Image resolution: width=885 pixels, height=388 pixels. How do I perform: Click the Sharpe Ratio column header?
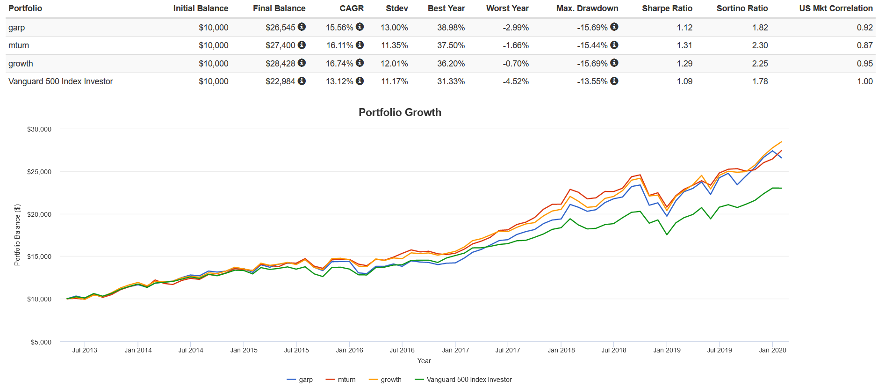(x=667, y=8)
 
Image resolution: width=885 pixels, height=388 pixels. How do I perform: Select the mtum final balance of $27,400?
(x=280, y=45)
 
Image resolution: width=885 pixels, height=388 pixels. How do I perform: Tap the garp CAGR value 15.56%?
(x=339, y=28)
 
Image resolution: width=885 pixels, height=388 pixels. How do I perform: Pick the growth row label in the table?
(x=21, y=64)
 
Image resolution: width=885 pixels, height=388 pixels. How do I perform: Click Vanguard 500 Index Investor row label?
(x=61, y=81)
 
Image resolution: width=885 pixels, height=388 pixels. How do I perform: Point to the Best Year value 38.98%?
(x=451, y=28)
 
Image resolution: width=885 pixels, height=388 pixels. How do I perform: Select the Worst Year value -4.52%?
(x=516, y=81)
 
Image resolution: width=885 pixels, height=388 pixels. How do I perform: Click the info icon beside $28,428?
(x=302, y=63)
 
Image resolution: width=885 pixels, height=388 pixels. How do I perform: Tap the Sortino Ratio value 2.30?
(x=760, y=45)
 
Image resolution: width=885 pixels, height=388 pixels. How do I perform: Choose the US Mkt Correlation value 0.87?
(x=864, y=45)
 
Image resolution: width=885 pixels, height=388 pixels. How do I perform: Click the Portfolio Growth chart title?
(x=400, y=112)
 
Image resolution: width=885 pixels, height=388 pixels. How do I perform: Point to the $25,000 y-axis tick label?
(x=39, y=172)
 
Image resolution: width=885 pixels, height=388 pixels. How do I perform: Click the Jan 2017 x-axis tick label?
(x=455, y=350)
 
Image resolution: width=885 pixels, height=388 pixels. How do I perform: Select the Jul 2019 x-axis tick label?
(x=720, y=350)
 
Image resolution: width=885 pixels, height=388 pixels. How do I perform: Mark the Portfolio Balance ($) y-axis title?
(x=17, y=235)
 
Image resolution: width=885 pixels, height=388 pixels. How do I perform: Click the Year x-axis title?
(x=424, y=361)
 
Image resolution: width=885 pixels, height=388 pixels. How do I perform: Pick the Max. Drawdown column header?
(x=587, y=8)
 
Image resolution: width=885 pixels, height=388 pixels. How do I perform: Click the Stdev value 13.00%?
(x=394, y=28)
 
